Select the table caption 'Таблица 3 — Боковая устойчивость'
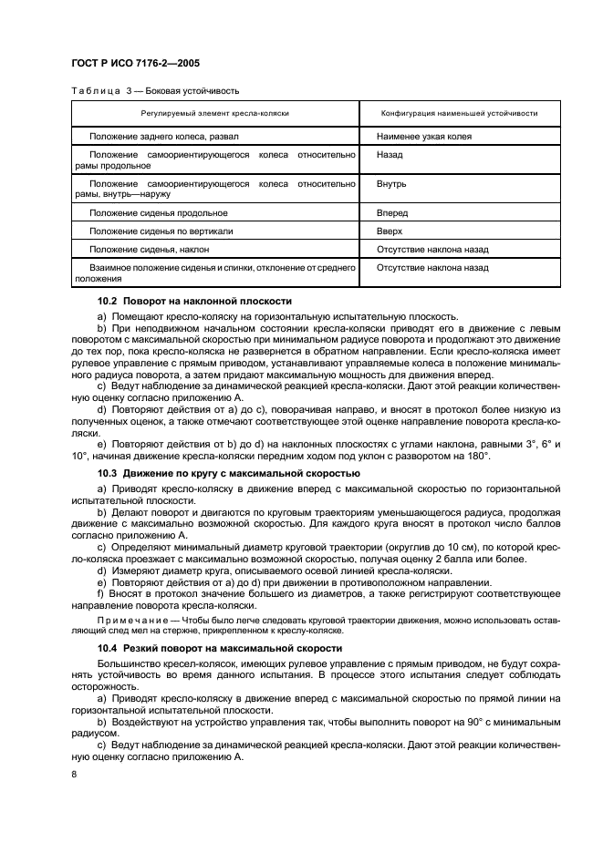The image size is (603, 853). coord(154,91)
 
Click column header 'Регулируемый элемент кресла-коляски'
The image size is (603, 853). coord(215,113)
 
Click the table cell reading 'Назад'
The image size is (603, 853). coord(390,155)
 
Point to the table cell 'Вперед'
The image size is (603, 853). coord(392,212)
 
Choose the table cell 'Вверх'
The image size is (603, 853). coord(390,231)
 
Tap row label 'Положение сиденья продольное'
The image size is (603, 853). coord(151,212)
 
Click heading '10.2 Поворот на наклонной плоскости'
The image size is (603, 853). coord(194,300)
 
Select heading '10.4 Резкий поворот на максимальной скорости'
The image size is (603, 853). coord(220,648)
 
